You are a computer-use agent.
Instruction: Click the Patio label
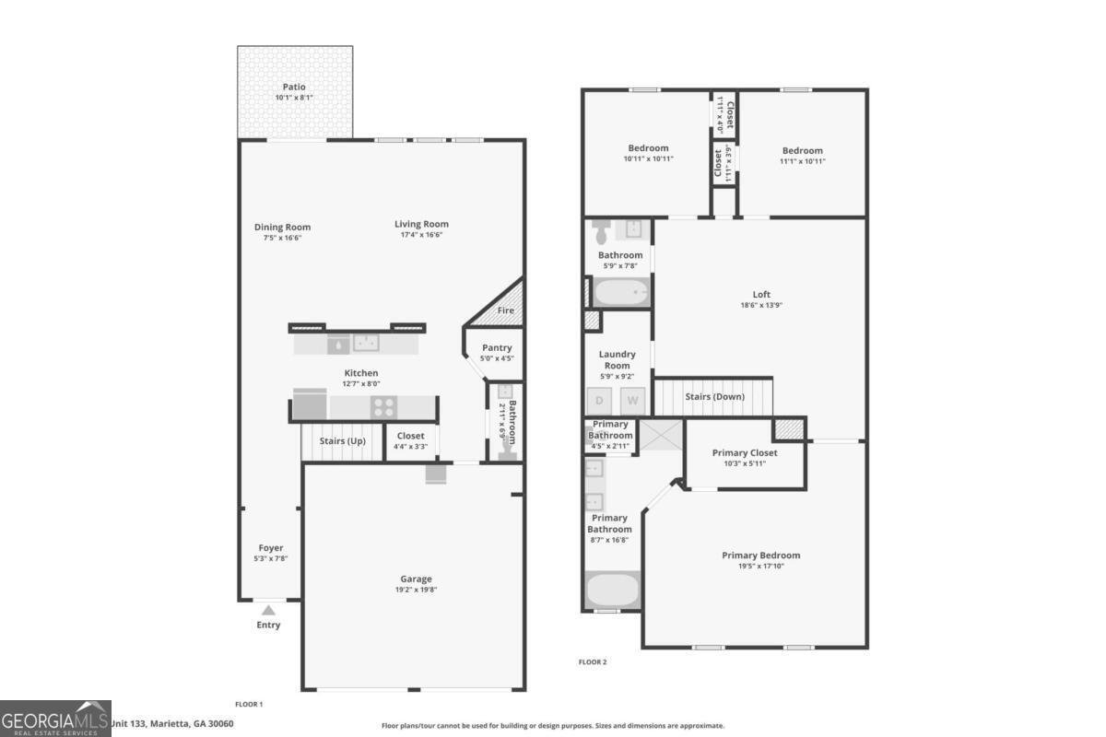click(294, 88)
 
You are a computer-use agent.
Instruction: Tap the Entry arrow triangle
click(268, 609)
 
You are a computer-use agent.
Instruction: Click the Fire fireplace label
click(505, 310)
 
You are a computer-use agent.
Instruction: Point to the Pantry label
click(497, 347)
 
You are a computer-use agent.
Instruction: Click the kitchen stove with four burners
click(383, 406)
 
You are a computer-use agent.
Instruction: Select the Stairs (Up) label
click(342, 440)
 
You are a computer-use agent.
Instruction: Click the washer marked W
click(632, 401)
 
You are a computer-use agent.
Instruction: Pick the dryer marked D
click(599, 401)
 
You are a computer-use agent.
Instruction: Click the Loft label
click(761, 295)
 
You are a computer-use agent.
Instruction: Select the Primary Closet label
click(745, 452)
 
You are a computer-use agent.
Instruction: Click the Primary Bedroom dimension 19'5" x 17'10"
click(760, 567)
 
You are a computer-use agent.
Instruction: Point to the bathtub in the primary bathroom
click(612, 590)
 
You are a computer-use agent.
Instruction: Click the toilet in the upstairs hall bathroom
click(601, 229)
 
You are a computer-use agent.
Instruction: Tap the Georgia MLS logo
click(55, 718)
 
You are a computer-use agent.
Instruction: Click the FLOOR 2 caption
click(593, 661)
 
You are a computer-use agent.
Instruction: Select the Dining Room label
click(282, 227)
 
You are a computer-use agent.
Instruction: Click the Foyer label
click(271, 548)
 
